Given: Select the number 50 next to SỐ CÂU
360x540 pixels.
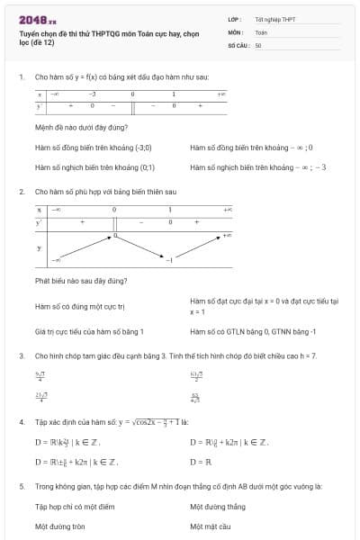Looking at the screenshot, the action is (258, 44).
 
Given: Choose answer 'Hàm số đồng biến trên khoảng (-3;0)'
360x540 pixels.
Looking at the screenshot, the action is (93, 147).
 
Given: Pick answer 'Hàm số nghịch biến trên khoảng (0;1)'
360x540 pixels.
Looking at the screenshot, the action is (94, 166).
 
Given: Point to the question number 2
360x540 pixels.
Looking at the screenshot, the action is (21, 192).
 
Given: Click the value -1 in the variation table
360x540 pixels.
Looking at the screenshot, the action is (168, 260).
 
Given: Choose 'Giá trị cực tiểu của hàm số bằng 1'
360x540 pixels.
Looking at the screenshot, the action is (89, 331).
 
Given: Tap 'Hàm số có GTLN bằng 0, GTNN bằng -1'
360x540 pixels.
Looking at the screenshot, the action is (249, 331).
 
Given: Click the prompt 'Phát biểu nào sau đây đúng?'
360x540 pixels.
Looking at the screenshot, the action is (80, 280).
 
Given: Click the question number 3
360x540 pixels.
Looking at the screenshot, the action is (21, 355).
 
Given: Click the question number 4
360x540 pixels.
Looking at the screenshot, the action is (21, 420).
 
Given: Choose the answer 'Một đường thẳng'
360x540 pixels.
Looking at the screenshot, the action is (218, 506).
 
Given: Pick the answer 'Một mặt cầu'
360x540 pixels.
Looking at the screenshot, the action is (211, 526).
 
